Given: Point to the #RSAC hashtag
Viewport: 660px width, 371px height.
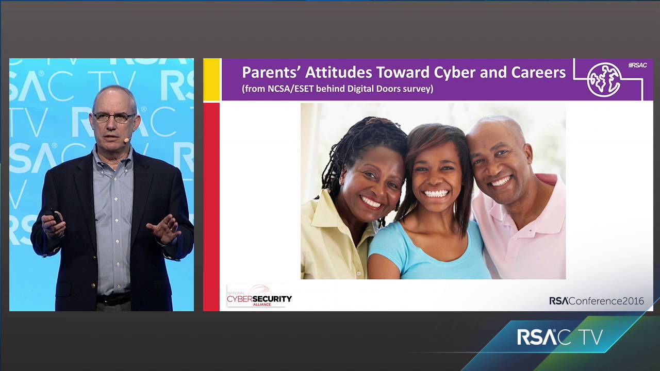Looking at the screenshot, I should pos(637,65).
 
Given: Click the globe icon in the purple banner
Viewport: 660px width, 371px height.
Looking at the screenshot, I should pos(604,79).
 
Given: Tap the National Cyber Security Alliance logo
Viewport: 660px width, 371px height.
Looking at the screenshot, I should pos(259,296).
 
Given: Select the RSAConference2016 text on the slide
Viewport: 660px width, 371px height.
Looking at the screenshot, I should pos(596,301).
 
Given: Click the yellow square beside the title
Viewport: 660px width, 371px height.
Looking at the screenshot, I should pos(211,79).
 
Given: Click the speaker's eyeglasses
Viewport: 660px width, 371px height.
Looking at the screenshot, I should pos(114,117).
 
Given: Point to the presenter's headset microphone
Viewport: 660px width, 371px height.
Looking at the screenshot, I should pos(127,139).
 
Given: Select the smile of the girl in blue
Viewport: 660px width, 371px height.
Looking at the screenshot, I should pos(436,194).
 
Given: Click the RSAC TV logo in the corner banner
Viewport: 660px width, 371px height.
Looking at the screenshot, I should pos(560,338).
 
